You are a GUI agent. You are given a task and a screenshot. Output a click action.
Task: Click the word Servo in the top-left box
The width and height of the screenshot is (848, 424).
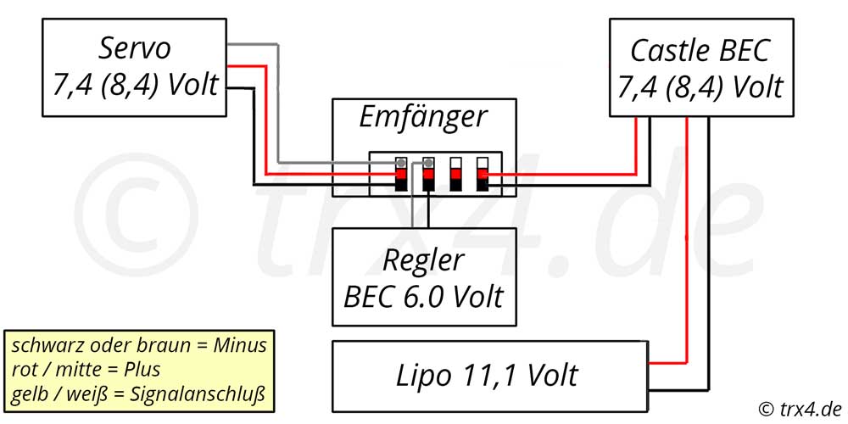pyautogui.click(x=135, y=48)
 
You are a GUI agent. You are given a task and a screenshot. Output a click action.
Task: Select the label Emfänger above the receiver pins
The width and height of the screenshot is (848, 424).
pyautogui.click(x=423, y=118)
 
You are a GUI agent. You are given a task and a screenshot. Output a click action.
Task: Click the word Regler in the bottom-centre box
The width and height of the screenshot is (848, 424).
pyautogui.click(x=423, y=261)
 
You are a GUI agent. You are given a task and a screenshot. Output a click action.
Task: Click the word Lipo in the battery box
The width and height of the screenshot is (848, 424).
pyautogui.click(x=422, y=376)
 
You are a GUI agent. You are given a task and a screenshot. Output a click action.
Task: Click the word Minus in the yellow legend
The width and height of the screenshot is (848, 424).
pyautogui.click(x=241, y=344)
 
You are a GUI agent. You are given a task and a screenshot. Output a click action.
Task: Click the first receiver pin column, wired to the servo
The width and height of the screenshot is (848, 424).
pyautogui.click(x=401, y=174)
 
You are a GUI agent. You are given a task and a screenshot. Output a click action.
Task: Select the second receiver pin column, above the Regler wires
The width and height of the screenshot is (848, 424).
pyautogui.click(x=427, y=174)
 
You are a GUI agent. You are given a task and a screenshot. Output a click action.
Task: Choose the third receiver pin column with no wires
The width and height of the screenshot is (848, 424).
pyautogui.click(x=455, y=174)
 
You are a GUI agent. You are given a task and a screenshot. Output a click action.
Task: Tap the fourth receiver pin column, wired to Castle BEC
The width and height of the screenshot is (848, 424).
pyautogui.click(x=483, y=174)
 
